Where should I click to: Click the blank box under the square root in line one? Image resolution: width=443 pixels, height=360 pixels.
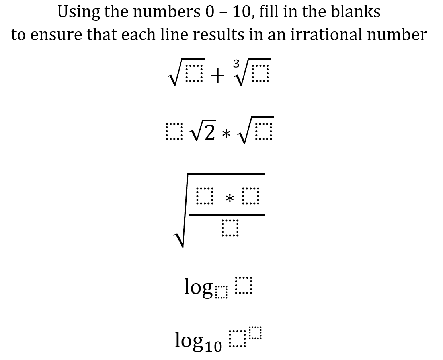(194, 74)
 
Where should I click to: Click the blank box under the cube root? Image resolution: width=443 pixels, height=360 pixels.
(260, 74)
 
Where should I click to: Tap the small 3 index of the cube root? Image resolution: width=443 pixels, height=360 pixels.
(236, 64)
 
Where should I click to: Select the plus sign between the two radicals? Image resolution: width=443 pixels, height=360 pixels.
(217, 76)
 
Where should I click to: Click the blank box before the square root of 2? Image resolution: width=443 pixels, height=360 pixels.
(174, 132)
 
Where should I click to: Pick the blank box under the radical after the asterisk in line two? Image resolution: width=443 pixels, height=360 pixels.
(263, 132)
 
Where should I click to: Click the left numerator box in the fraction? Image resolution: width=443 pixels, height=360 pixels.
(205, 196)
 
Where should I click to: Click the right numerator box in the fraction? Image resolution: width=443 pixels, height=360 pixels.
(251, 196)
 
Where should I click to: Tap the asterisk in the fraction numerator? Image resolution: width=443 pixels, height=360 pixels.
(230, 199)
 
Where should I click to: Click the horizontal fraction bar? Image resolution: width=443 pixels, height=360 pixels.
(227, 215)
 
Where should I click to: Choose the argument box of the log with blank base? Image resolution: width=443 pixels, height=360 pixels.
(243, 286)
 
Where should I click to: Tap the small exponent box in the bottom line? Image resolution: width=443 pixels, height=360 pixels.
(256, 333)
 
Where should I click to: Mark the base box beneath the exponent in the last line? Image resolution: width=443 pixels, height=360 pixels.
(237, 339)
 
